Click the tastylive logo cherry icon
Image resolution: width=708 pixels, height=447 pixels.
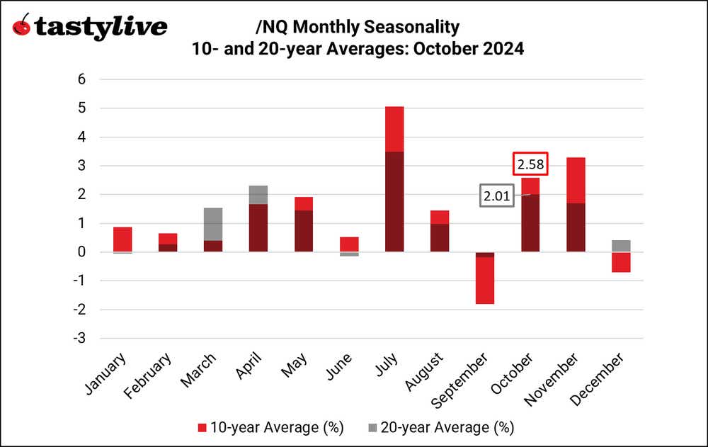point(23,26)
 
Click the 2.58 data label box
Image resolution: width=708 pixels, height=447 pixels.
point(530,164)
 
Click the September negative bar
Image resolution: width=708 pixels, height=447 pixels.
point(485,279)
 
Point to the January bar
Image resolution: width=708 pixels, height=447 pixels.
point(122,239)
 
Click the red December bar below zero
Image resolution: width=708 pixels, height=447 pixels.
point(621,262)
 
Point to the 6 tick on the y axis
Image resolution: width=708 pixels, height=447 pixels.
point(81,79)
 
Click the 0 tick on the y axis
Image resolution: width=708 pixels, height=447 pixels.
point(81,252)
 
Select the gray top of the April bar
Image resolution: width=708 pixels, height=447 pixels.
point(258,195)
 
